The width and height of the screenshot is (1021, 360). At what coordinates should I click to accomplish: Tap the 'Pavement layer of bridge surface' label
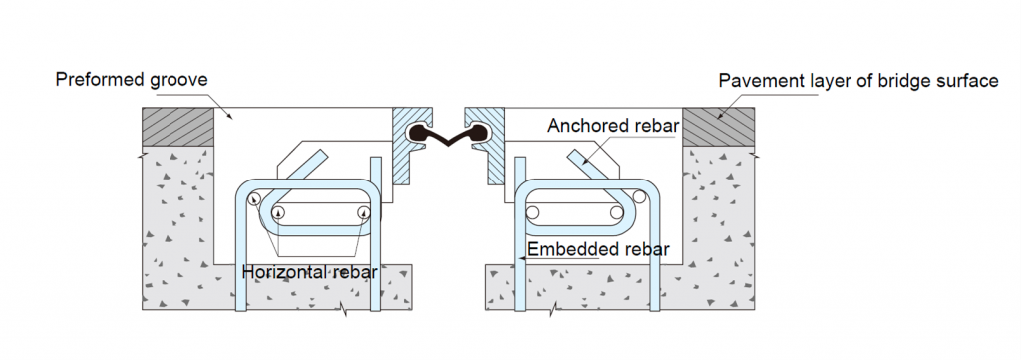pyautogui.click(x=858, y=81)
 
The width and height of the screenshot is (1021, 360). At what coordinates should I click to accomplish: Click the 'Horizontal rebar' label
pyautogui.click(x=309, y=271)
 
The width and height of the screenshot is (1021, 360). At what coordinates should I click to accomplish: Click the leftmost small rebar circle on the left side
pyautogui.click(x=256, y=199)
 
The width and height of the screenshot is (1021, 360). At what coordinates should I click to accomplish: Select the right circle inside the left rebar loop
pyautogui.click(x=364, y=212)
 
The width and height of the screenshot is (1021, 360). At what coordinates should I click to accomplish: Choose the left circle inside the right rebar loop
pyautogui.click(x=533, y=212)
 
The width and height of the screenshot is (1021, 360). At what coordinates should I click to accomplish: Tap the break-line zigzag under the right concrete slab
pyautogui.click(x=551, y=312)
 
